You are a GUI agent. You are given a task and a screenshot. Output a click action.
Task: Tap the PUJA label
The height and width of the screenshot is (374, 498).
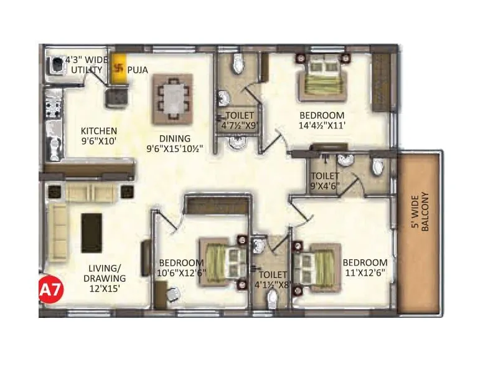(138, 70)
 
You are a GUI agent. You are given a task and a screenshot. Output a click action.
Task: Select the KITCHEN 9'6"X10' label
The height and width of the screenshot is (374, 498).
(98, 136)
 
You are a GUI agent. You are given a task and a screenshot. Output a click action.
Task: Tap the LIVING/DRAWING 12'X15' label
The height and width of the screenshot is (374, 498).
(106, 278)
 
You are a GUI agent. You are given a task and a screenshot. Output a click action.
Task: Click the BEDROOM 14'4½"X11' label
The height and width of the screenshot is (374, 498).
(322, 120)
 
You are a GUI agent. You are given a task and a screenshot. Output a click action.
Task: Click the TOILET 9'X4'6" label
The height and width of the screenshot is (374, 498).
(326, 181)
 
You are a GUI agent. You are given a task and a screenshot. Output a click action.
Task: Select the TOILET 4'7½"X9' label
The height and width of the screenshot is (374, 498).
(240, 120)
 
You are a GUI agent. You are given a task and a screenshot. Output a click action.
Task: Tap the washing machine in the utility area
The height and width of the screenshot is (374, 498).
(57, 65)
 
